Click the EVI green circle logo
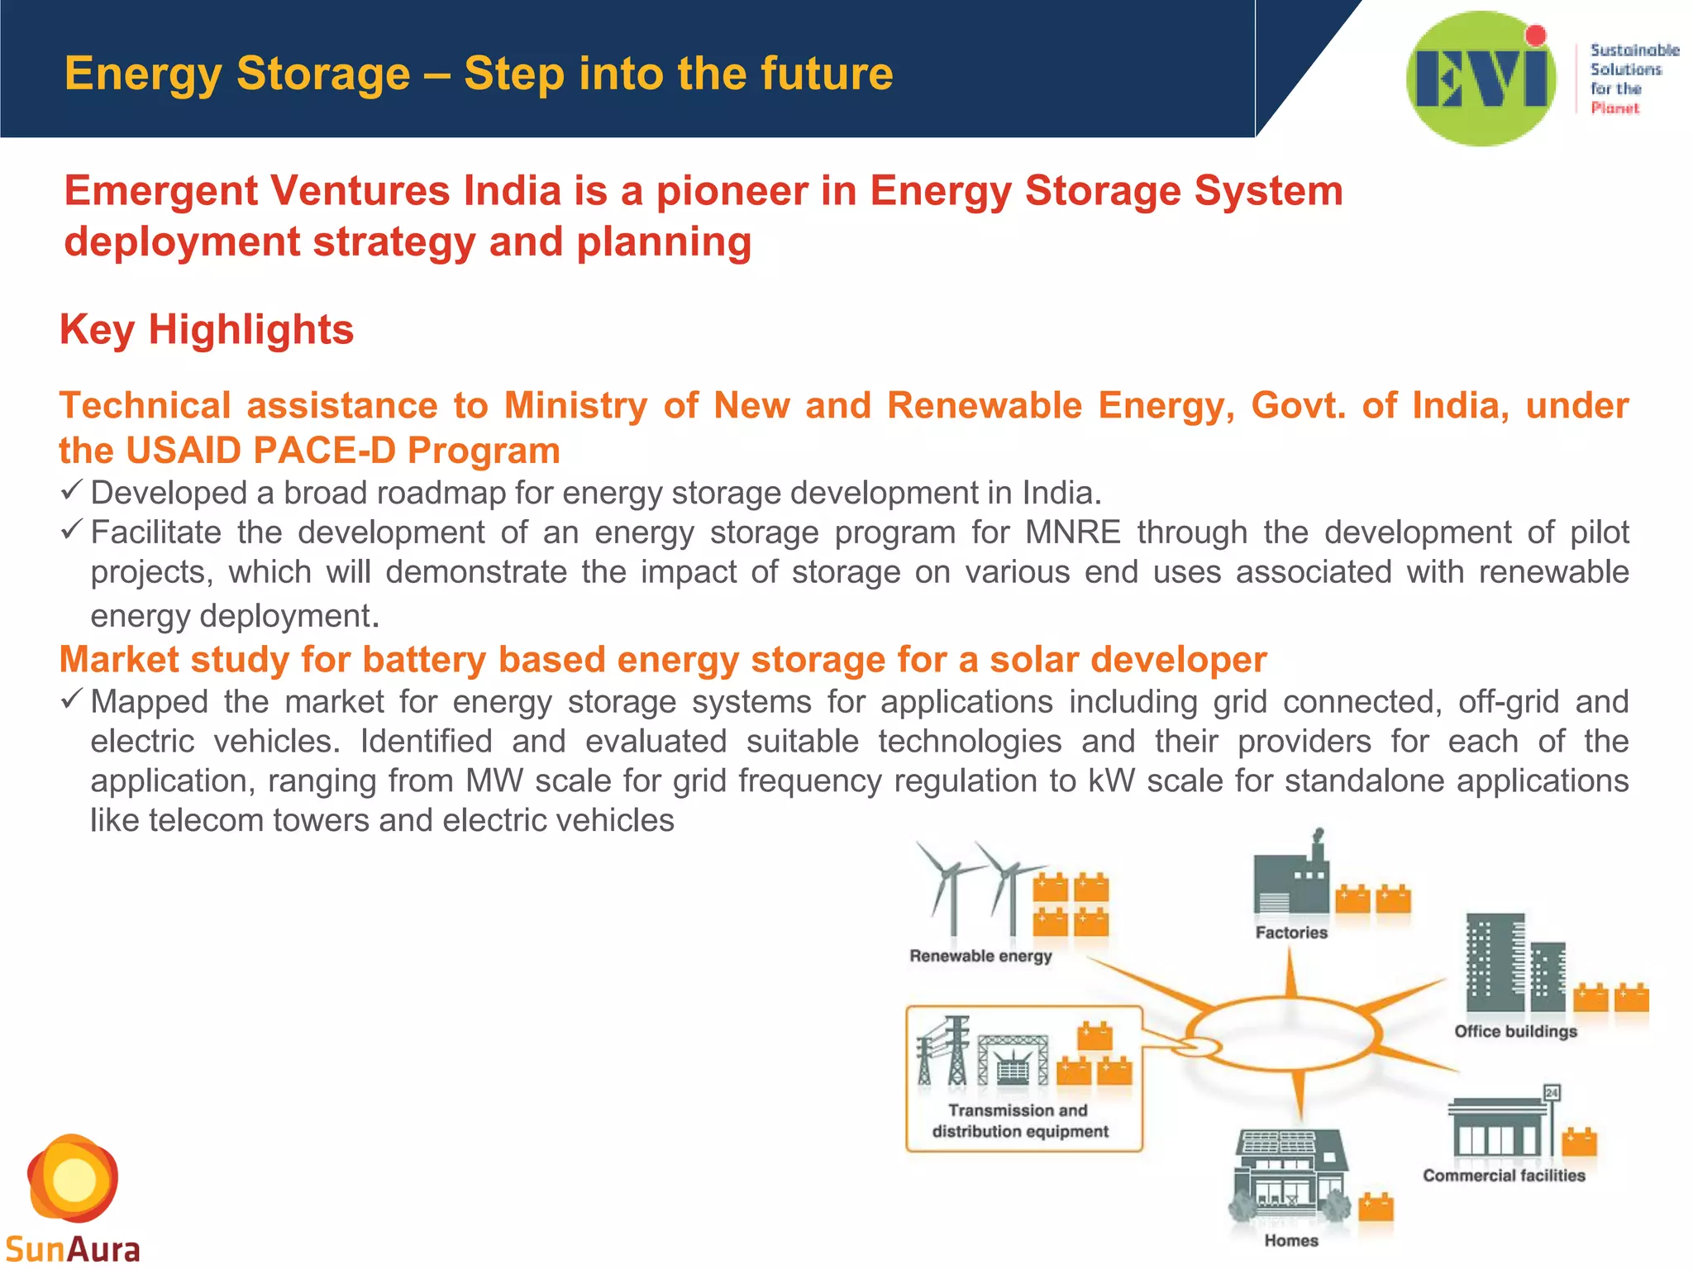[x=1481, y=79]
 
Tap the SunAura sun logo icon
[x=73, y=1178]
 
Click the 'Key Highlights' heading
[x=207, y=330]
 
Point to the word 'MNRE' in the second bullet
[x=1072, y=532]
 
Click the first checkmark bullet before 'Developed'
[x=72, y=491]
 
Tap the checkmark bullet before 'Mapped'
[x=72, y=700]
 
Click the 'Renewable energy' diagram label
[x=980, y=957]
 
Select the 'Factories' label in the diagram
[x=1291, y=933]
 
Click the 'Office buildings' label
[x=1515, y=1032]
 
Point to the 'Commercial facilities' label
[x=1504, y=1176]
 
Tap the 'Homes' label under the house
[x=1291, y=1240]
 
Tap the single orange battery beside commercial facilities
[x=1579, y=1143]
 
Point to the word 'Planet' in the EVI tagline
[x=1614, y=108]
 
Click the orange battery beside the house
[x=1376, y=1207]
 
